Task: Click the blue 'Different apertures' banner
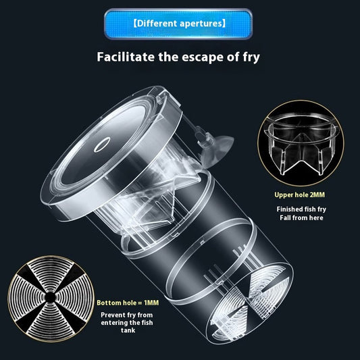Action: pos(178,24)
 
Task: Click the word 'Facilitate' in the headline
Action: pos(126,57)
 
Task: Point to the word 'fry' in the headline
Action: pos(251,57)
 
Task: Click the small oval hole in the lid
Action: pos(102,145)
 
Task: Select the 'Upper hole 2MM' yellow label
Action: pos(300,195)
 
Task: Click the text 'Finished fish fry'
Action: pos(301,209)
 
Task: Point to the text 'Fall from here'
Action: pos(301,217)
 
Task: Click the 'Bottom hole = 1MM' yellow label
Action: pos(128,303)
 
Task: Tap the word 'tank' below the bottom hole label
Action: pos(128,330)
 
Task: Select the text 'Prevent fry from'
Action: pos(127,315)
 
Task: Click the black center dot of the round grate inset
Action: pos(50,298)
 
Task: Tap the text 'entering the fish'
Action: pos(127,323)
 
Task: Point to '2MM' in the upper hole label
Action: pos(317,195)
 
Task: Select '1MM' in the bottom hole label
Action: pos(151,303)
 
